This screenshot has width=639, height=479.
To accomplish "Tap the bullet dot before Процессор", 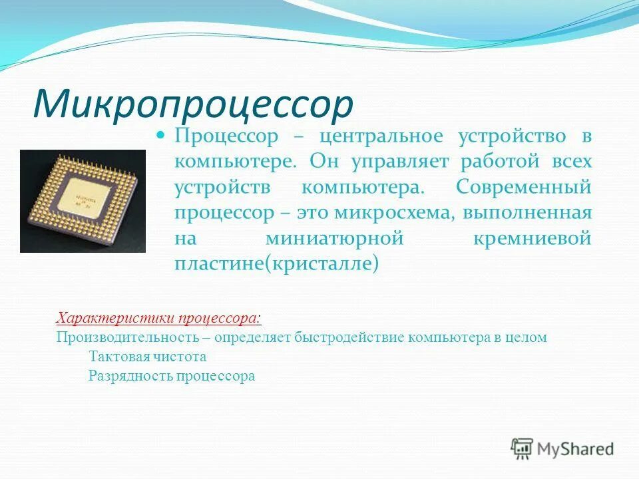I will (x=160, y=135).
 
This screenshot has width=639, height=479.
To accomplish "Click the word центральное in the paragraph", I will (x=380, y=136).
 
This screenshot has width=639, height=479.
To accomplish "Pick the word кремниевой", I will (x=532, y=238).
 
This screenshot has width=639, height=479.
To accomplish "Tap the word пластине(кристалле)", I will (x=276, y=263).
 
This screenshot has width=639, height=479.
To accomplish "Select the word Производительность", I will (x=117, y=337).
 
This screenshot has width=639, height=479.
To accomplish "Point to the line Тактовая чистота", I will (x=147, y=357).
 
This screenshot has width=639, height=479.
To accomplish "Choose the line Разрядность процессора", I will (x=171, y=376).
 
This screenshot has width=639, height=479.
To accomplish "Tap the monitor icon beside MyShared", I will (x=523, y=448).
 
